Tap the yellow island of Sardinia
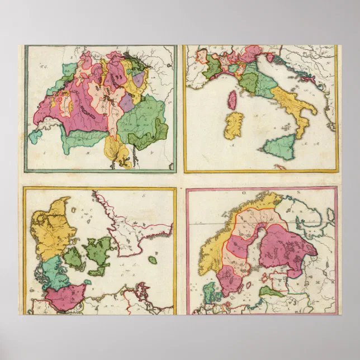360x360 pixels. point(234,125)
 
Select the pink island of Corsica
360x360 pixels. point(231,100)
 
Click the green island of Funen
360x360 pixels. point(73,258)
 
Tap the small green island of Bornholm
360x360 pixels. point(153,260)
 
